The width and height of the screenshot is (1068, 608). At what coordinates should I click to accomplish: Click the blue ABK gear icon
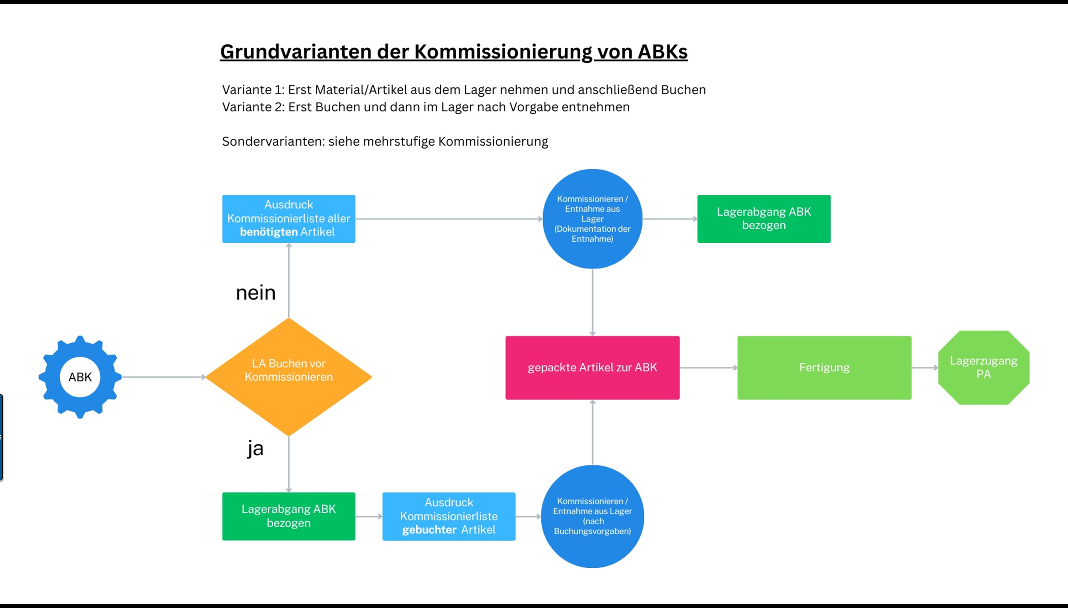click(80, 377)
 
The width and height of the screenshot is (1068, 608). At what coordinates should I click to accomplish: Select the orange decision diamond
click(289, 377)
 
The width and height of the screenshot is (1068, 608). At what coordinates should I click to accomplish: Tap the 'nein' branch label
click(256, 293)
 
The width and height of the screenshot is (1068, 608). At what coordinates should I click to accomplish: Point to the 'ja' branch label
click(255, 448)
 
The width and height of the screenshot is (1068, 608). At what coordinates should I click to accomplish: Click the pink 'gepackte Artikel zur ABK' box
click(592, 368)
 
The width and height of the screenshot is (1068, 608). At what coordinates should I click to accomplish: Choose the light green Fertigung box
click(824, 368)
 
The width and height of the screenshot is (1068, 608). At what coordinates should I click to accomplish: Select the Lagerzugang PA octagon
click(983, 368)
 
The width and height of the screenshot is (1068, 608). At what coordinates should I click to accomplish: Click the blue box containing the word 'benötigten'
click(289, 219)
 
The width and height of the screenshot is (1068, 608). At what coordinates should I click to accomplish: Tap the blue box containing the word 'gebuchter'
click(449, 516)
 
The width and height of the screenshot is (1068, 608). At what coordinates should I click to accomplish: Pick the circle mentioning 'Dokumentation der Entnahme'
click(592, 219)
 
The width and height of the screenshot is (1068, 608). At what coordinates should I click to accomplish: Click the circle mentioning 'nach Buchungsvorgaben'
click(592, 516)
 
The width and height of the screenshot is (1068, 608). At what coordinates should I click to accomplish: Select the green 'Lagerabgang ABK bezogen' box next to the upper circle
click(764, 219)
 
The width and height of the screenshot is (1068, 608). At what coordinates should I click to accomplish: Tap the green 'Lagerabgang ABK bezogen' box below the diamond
click(289, 516)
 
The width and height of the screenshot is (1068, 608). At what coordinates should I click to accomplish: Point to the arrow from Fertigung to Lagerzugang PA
click(925, 368)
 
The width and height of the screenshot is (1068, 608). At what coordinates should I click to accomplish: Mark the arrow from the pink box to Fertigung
click(708, 368)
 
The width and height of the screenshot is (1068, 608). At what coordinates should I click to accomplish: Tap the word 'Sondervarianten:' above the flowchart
click(273, 141)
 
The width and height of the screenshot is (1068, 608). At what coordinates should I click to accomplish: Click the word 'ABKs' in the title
click(663, 52)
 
